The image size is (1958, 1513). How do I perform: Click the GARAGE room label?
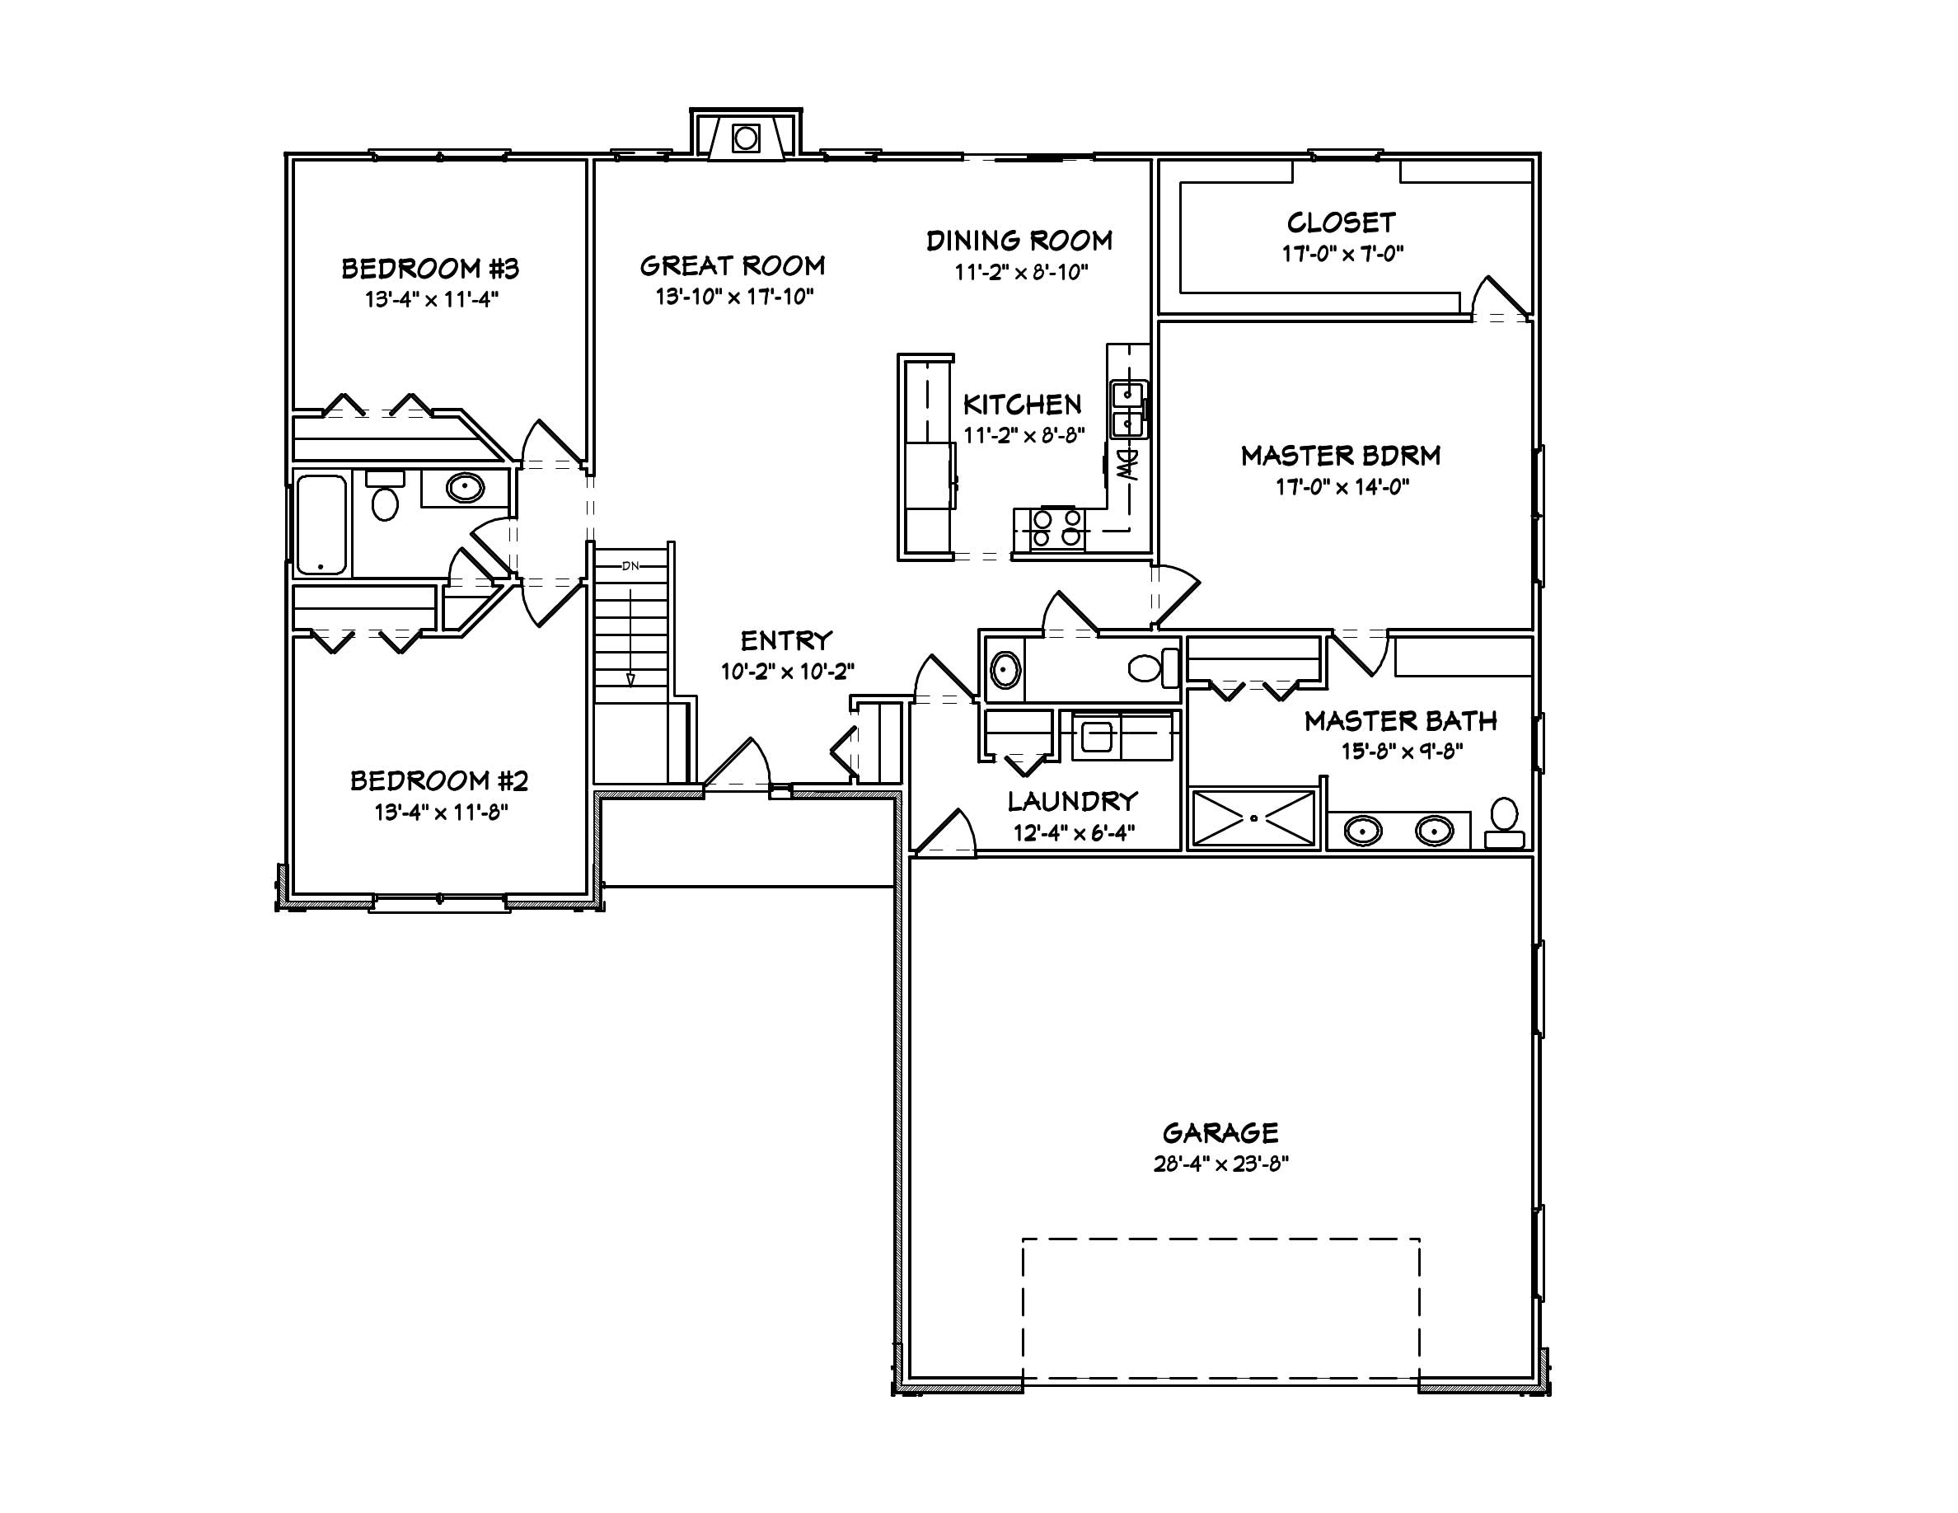click(x=1220, y=1133)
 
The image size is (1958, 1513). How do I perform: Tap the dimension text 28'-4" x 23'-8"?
click(x=1220, y=1164)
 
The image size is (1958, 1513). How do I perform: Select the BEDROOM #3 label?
click(x=430, y=268)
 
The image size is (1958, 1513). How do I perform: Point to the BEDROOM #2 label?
click(x=438, y=780)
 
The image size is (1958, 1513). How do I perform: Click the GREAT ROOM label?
click(x=733, y=265)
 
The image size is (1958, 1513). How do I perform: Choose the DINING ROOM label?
click(x=1019, y=240)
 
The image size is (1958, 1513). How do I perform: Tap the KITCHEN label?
click(x=1022, y=405)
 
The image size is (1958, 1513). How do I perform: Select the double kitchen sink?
click(x=1128, y=409)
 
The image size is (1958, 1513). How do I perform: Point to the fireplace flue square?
click(x=746, y=138)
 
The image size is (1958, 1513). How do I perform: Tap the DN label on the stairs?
click(x=630, y=565)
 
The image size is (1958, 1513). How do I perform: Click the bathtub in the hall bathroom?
click(x=321, y=525)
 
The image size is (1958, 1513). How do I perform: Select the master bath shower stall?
click(x=1253, y=817)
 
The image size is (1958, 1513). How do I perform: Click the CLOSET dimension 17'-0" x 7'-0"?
click(x=1342, y=254)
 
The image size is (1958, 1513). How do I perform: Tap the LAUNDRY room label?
click(x=1072, y=801)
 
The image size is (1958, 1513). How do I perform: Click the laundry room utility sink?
click(x=1098, y=738)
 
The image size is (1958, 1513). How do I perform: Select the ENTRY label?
click(x=786, y=641)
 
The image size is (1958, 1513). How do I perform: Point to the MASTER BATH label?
click(x=1400, y=720)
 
